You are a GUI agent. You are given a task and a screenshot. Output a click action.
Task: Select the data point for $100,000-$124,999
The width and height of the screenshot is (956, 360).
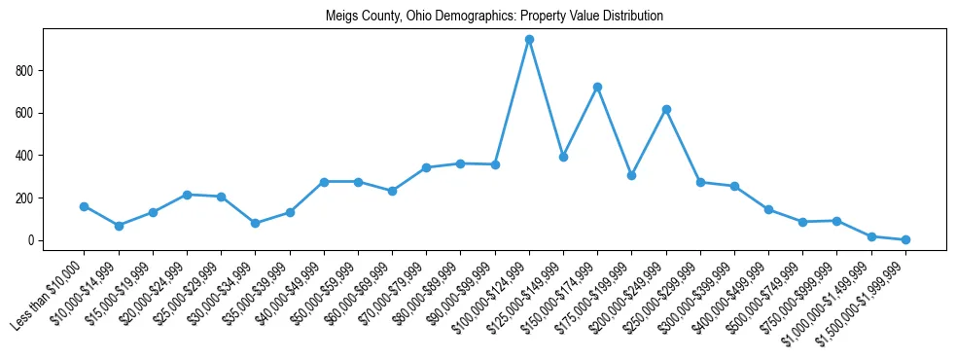point(529,40)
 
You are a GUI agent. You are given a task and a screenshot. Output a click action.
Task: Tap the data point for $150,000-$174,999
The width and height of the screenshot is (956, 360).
point(597,88)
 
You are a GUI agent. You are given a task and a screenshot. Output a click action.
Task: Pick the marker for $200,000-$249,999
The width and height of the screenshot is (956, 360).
point(666,110)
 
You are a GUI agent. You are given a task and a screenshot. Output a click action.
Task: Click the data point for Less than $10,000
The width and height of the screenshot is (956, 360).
point(85,206)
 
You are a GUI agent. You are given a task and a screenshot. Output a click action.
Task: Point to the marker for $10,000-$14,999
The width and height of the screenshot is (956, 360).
point(119,226)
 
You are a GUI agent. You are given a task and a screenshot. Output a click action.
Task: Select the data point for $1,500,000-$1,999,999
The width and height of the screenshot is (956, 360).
point(905,239)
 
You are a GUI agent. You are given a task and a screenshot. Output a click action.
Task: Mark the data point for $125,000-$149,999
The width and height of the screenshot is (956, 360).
point(563,157)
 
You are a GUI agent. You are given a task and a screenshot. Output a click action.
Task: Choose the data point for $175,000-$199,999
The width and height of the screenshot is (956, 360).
point(632,176)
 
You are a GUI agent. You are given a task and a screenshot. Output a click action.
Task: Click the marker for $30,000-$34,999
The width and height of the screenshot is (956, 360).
point(256,223)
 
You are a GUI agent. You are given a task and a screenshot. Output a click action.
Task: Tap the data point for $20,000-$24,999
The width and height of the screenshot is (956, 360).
point(187,195)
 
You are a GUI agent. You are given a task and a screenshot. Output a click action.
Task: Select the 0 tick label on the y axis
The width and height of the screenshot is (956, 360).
point(33,240)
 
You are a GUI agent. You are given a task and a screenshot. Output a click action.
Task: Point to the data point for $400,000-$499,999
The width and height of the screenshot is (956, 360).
point(768,209)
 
